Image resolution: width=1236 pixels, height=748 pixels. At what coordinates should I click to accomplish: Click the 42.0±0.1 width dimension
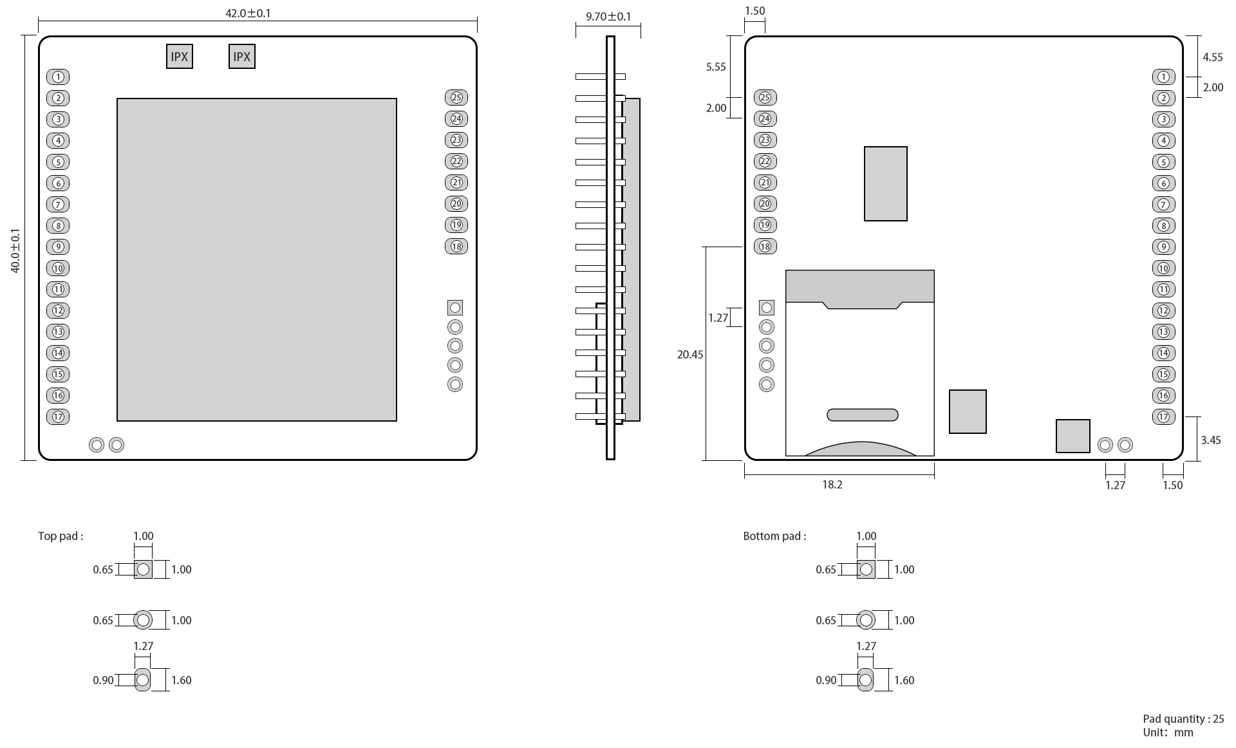coord(248,14)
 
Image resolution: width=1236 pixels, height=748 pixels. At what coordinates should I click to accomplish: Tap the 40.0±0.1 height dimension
coord(15,250)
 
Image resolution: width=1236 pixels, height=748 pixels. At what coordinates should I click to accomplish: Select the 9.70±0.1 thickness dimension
coord(608,17)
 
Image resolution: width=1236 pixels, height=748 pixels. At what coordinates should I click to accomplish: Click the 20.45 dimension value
coord(690,355)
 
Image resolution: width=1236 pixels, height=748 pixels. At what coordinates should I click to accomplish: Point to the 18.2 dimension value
coord(832,485)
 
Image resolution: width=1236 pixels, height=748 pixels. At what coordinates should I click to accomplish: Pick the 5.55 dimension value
coord(716,67)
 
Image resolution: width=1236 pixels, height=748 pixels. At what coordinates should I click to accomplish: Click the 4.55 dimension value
coord(1213,57)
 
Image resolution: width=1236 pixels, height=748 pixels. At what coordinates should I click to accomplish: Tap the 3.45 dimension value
coord(1211,440)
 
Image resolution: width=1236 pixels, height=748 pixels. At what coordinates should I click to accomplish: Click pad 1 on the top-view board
coord(58,77)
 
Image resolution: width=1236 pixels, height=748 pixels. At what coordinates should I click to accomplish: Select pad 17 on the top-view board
coord(58,416)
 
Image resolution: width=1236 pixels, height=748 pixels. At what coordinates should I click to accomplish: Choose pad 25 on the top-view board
coord(456,98)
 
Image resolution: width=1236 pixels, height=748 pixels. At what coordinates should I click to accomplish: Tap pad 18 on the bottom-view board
coord(765,246)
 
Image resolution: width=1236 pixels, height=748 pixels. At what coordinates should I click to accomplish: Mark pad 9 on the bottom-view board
coord(1163,247)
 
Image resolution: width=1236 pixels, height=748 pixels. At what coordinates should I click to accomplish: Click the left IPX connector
coord(180,57)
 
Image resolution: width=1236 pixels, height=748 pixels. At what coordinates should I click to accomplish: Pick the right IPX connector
coord(242,57)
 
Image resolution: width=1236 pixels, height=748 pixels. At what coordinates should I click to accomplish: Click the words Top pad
coord(61,536)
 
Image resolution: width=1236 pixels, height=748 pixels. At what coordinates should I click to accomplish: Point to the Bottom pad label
coord(774,536)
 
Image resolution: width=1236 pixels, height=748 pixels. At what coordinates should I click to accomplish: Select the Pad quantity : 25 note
coord(1183,719)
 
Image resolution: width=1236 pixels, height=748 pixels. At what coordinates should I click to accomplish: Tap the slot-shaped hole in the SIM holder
coord(862,415)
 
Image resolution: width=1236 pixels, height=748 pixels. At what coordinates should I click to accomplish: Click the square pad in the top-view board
coord(455,308)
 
